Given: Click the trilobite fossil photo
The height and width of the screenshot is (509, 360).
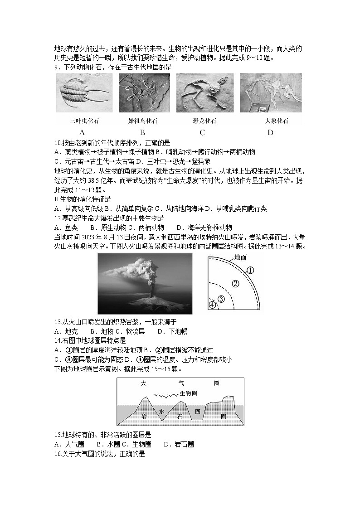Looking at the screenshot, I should pyautogui.click(x=84, y=93).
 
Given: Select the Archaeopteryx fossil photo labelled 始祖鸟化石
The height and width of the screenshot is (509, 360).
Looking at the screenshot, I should pyautogui.click(x=144, y=93).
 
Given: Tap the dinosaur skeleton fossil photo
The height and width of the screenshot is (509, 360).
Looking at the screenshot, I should pyautogui.click(x=204, y=93).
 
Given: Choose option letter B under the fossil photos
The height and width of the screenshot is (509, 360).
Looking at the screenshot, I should pyautogui.click(x=142, y=133).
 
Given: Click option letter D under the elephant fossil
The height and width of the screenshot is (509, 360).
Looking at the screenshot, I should pyautogui.click(x=270, y=133).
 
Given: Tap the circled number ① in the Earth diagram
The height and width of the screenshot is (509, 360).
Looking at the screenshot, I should pyautogui.click(x=250, y=271).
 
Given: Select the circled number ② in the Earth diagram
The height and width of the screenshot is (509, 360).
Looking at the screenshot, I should pyautogui.click(x=235, y=284).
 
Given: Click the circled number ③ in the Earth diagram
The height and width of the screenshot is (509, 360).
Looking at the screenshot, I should pyautogui.click(x=221, y=299).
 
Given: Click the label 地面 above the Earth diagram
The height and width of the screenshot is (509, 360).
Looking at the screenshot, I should pyautogui.click(x=240, y=257).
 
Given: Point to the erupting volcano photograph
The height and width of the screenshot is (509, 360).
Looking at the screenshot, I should pyautogui.click(x=145, y=284).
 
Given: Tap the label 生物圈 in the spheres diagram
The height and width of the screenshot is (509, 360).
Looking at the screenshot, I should pyautogui.click(x=188, y=393).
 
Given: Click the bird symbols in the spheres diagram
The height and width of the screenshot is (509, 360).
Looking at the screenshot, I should pyautogui.click(x=164, y=395).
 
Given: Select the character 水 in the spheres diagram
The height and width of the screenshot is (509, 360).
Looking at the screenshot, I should pyautogui.click(x=161, y=412).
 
